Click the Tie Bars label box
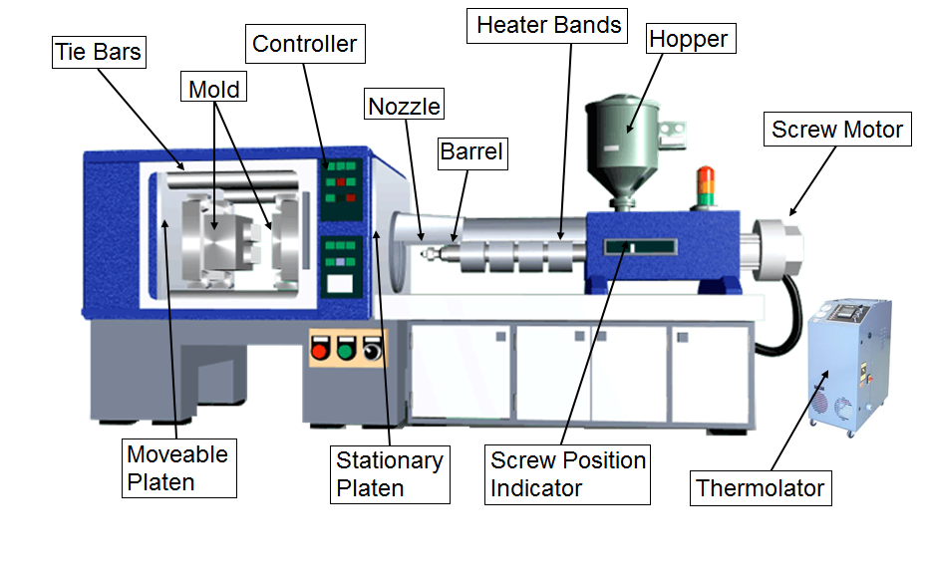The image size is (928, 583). [x=99, y=52]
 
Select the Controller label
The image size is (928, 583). [x=305, y=44]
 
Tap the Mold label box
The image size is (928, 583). [x=213, y=87]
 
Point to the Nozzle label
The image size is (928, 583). [x=404, y=105]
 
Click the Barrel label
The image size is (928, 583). [x=472, y=153]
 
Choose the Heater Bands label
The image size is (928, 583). [x=547, y=26]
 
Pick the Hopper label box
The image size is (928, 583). [x=691, y=39]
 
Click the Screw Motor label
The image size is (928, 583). [x=837, y=129]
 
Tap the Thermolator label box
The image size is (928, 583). [x=761, y=488]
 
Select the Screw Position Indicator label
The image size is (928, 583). [x=567, y=474]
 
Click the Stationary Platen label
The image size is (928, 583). [x=390, y=474]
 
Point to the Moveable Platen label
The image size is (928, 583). [x=179, y=468]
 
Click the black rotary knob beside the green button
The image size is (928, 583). [x=372, y=349]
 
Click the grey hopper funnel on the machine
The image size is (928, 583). [x=622, y=150]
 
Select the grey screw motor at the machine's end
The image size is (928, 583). [x=776, y=248]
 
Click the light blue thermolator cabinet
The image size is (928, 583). [x=849, y=367]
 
